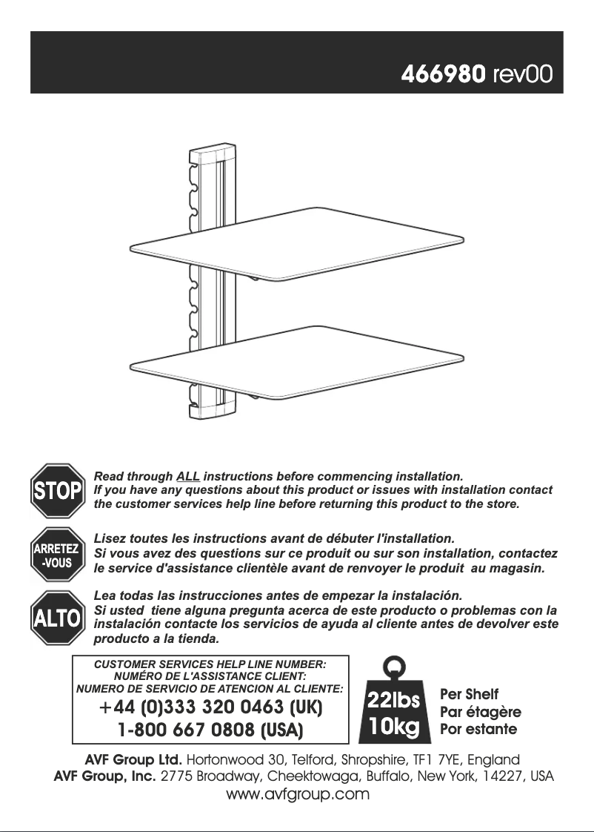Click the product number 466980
(x=443, y=75)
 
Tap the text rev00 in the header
(x=522, y=75)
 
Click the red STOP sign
(x=56, y=490)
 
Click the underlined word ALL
(x=188, y=475)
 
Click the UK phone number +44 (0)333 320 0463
(x=210, y=707)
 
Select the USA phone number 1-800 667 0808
(x=210, y=730)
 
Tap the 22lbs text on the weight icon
(x=396, y=699)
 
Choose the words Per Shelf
(x=469, y=695)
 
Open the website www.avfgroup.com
(x=296, y=795)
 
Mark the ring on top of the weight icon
(x=396, y=665)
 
